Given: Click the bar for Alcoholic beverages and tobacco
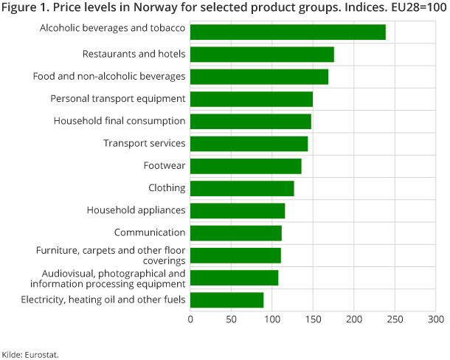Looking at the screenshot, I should click(288, 32).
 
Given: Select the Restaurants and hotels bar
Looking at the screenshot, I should click(262, 55).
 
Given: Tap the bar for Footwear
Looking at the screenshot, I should click(246, 166).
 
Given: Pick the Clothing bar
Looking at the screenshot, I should click(242, 188).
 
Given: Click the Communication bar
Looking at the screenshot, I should click(236, 233).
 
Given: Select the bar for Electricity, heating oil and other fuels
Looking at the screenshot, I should click(226, 300).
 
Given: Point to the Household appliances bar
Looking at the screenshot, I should click(238, 211).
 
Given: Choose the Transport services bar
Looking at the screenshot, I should click(249, 144).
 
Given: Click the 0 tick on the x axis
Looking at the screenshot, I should click(190, 319).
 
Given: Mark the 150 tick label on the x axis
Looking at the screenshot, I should click(313, 319).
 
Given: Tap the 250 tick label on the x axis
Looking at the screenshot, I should click(395, 319).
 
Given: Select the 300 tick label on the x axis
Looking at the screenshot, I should click(435, 319).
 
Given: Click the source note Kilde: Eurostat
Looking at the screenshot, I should click(30, 354).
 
